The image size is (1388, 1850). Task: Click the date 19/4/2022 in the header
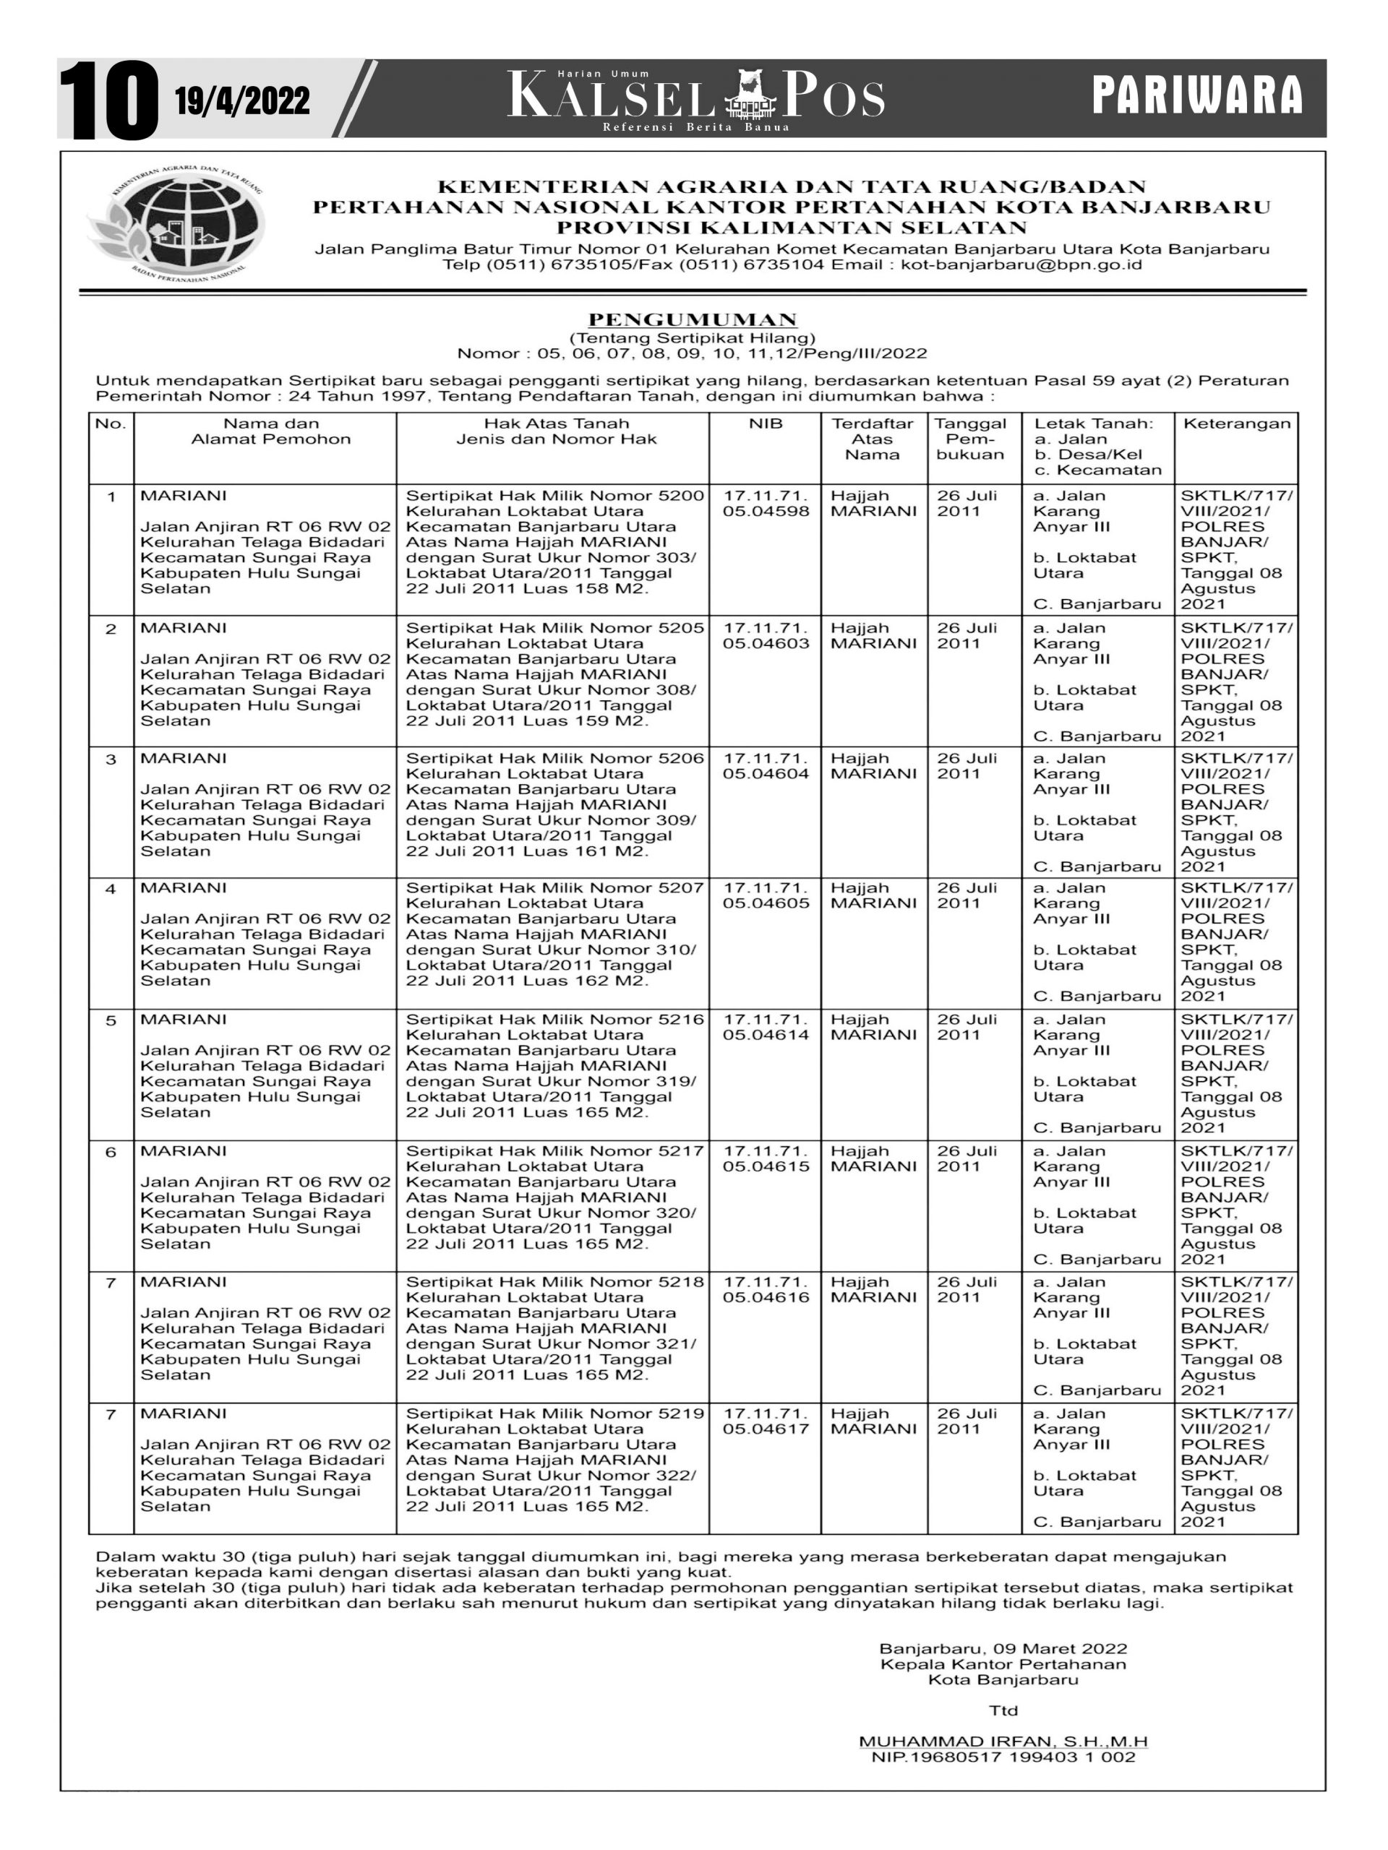(x=243, y=101)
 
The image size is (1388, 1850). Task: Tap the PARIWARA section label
(x=1197, y=95)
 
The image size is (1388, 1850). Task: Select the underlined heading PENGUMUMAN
(x=693, y=319)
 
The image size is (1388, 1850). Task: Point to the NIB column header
(x=765, y=424)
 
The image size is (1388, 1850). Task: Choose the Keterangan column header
(x=1235, y=424)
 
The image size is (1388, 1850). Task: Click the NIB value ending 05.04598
(x=766, y=512)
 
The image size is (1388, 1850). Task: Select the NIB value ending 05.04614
(x=766, y=1036)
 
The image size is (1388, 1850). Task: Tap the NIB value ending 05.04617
(x=766, y=1429)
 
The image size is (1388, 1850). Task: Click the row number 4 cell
(x=111, y=889)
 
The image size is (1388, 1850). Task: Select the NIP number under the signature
(x=1003, y=1758)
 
